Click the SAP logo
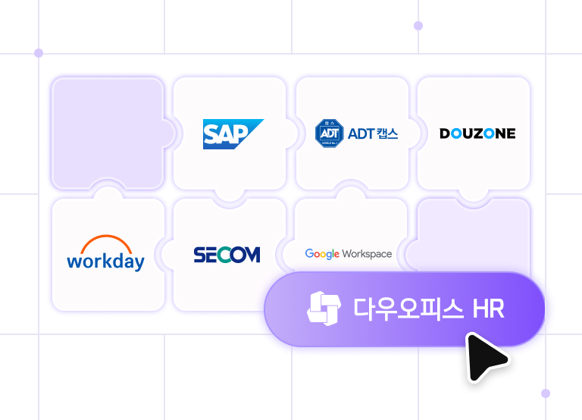(232, 134)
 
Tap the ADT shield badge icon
(329, 133)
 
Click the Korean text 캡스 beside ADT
(386, 134)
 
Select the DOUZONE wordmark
(477, 133)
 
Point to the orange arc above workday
(105, 243)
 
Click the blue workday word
(105, 262)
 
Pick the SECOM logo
(227, 255)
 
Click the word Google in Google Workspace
(322, 254)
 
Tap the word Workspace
(367, 254)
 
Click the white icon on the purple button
(324, 308)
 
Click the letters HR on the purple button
(488, 309)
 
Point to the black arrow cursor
(484, 357)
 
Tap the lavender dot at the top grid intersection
(418, 26)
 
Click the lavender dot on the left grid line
(39, 53)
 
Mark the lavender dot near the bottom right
(546, 393)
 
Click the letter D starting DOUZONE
(445, 133)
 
